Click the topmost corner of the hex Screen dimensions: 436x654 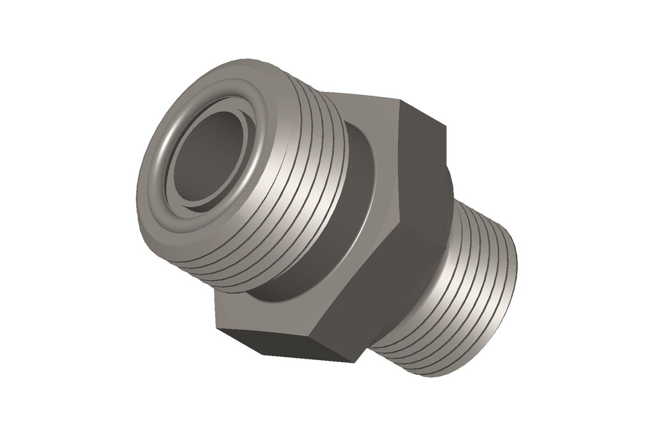[400, 100]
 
